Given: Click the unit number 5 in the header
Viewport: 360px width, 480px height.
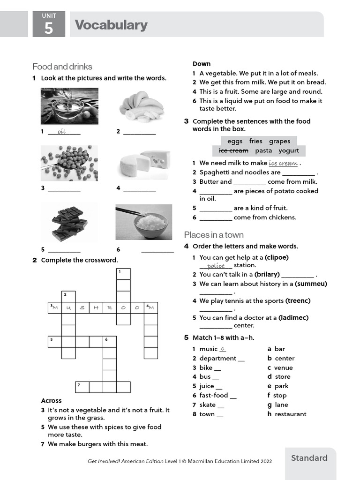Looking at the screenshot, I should coord(48,29).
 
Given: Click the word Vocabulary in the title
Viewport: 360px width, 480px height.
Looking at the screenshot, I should coord(111,25).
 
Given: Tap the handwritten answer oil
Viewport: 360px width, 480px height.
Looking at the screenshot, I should coord(61,132).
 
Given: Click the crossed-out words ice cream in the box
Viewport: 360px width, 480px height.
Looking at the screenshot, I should coord(233,150).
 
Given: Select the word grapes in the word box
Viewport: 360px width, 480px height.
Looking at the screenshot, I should coord(279,141).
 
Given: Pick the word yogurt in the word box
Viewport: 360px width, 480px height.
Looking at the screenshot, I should coord(289,150).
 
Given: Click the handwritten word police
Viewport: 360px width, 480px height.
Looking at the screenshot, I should coord(216,266).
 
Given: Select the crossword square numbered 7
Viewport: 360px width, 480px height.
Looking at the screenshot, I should coord(82,387).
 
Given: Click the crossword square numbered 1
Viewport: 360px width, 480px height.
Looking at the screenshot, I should coord(123,274).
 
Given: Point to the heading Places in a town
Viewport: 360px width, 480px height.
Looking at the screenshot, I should coord(214,234).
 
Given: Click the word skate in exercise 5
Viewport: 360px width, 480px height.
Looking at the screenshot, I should coord(208,405).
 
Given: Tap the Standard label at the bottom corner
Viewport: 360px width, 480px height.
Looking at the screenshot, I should coord(309,458).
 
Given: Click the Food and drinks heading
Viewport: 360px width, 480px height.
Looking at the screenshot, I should coord(62,67).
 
